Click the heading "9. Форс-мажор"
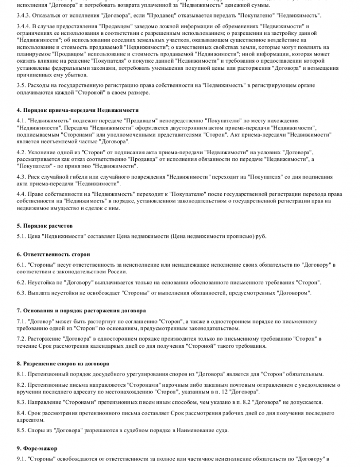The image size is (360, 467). pyautogui.click(x=37, y=448)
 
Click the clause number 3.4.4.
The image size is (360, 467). pyautogui.click(x=24, y=25)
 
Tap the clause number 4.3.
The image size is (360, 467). pyautogui.click(x=21, y=176)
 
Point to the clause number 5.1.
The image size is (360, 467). pyautogui.click(x=21, y=236)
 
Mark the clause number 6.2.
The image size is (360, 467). pyautogui.click(x=21, y=283)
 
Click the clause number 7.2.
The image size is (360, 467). pyautogui.click(x=21, y=339)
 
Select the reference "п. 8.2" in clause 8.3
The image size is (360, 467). pyautogui.click(x=244, y=402)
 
